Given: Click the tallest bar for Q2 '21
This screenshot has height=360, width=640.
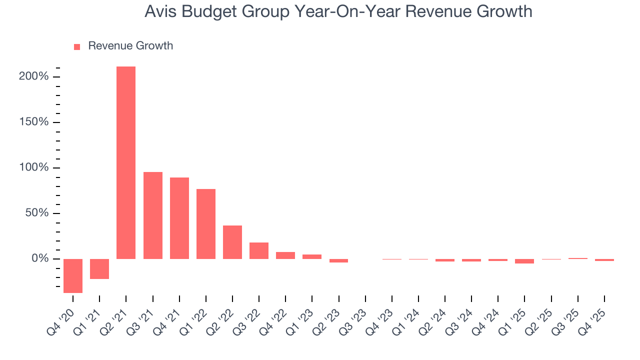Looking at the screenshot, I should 126,162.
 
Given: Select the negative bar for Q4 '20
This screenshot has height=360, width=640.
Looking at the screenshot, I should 73,275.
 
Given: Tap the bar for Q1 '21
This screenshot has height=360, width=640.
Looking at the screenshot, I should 99,268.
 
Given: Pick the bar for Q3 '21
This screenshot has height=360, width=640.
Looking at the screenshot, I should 153,215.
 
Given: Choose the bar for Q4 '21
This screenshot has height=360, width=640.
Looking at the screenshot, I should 179,218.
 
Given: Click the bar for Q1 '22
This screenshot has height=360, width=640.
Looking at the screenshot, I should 206,224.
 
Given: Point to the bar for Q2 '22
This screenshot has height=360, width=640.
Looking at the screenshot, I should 232,242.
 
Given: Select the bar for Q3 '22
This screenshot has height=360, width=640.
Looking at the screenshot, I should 259,250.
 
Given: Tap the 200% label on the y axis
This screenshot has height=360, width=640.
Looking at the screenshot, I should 34,77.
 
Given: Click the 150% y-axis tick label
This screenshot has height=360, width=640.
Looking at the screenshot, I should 34,122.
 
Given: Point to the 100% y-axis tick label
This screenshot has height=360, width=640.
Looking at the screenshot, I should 34,168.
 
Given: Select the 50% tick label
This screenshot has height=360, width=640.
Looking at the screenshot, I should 37,213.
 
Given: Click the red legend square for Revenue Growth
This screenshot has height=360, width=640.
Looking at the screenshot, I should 77,46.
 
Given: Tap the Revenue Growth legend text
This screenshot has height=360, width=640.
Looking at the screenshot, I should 130,46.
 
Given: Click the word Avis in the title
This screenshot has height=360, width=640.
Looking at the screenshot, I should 158,11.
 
